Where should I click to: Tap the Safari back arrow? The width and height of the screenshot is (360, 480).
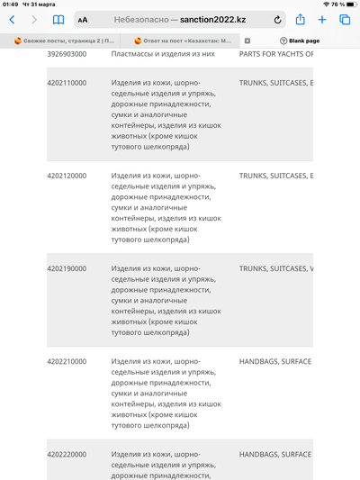(x=12, y=19)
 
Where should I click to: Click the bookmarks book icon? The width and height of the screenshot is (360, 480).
(x=58, y=19)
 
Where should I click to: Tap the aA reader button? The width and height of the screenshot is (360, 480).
(x=83, y=20)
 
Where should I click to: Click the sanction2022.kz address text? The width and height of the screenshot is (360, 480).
(x=216, y=19)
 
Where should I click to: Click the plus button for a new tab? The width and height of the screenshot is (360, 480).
(x=322, y=19)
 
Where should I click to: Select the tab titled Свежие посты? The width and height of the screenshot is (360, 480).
(x=65, y=41)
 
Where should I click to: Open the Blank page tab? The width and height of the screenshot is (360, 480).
(x=300, y=41)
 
